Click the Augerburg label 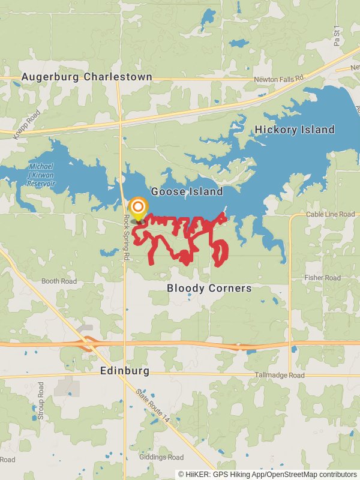click(50, 77)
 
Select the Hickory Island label click(295, 130)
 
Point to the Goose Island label click(187, 192)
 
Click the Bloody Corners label click(209, 289)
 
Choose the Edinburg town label click(125, 371)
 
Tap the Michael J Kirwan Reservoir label click(41, 174)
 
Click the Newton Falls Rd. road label click(280, 79)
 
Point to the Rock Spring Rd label click(127, 238)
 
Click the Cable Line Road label click(330, 214)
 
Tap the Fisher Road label click(322, 278)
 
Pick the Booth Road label click(59, 281)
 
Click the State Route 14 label click(153, 408)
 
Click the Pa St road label click(337, 37)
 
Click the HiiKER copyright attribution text click(267, 474)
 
